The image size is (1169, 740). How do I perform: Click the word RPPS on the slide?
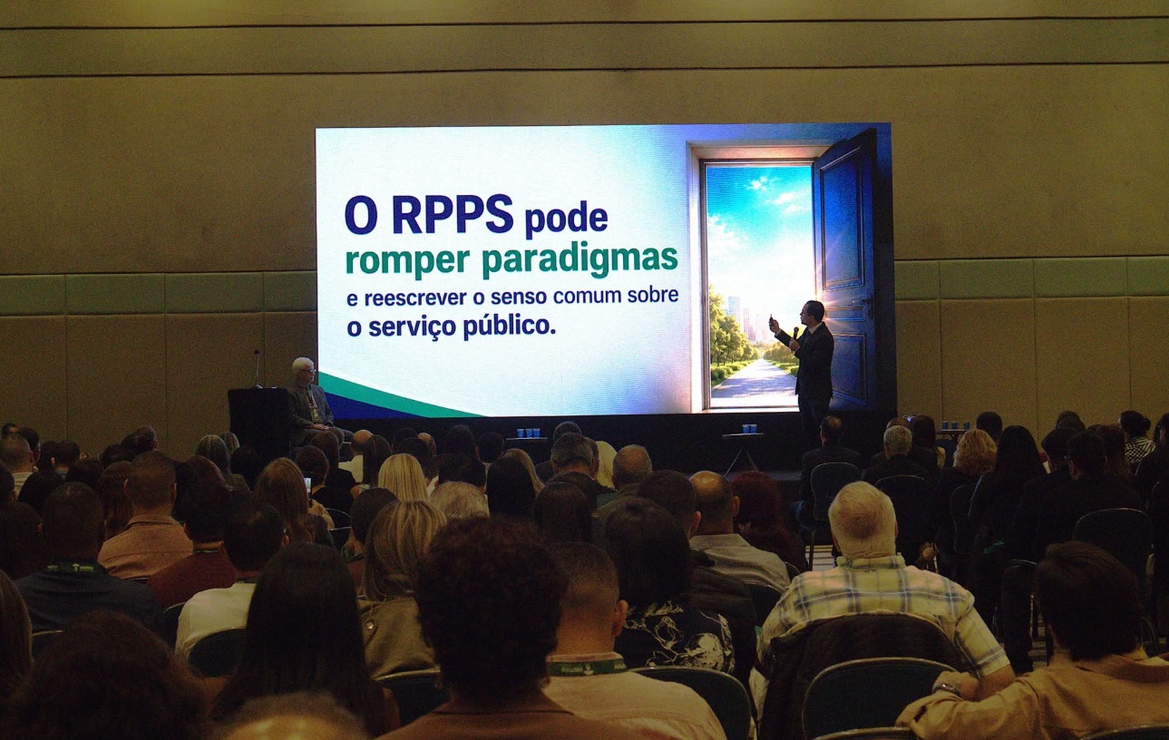tap(453, 214)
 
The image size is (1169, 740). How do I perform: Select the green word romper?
tap(407, 262)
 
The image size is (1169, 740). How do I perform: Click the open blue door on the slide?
tap(845, 271)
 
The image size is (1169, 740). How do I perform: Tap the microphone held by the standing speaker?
tap(795, 334)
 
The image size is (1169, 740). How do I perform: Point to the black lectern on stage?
tap(259, 420)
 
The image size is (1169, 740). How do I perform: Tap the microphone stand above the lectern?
tap(257, 368)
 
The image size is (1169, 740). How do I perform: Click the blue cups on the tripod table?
tap(749, 428)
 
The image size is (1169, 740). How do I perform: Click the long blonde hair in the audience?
tap(403, 478)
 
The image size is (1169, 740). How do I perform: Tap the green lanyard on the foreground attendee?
tap(587, 667)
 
